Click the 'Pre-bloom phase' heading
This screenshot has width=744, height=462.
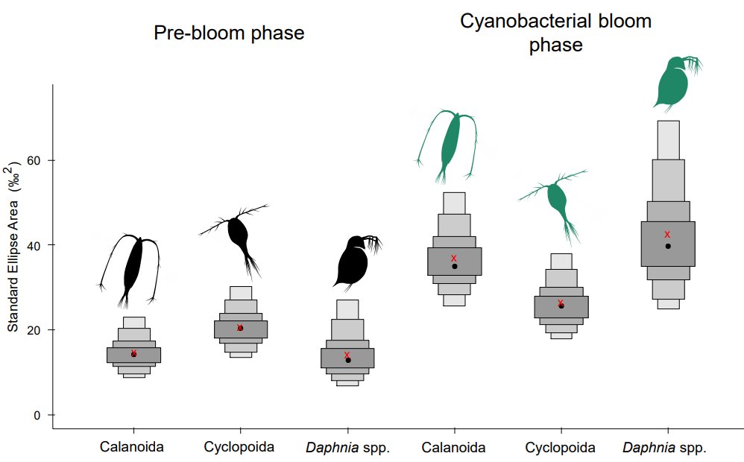click(x=229, y=34)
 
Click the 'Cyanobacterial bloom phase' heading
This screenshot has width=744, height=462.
click(x=555, y=33)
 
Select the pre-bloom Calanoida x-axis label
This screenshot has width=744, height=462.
click(x=133, y=447)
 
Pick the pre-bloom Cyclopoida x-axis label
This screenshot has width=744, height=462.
click(x=239, y=447)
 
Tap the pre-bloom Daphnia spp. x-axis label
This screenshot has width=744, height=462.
click(x=347, y=448)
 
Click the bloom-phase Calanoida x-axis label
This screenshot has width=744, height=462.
click(x=453, y=448)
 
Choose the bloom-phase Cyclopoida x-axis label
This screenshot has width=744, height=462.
click(x=560, y=448)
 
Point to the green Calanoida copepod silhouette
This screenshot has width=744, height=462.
click(x=450, y=145)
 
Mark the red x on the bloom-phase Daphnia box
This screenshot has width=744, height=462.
click(x=667, y=234)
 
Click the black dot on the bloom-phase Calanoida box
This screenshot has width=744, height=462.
click(x=454, y=266)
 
